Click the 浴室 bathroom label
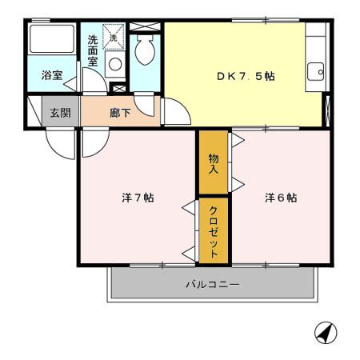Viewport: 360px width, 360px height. (53, 77)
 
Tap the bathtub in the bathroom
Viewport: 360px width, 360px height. (53, 41)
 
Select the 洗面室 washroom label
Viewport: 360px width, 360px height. (94, 50)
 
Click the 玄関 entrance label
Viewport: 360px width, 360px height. (59, 113)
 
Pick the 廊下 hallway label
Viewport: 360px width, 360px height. (121, 113)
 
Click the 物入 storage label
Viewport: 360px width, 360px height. (214, 163)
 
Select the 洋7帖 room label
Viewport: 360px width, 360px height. (138, 198)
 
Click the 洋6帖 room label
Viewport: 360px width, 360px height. (281, 198)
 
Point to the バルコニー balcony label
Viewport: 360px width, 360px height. (212, 284)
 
